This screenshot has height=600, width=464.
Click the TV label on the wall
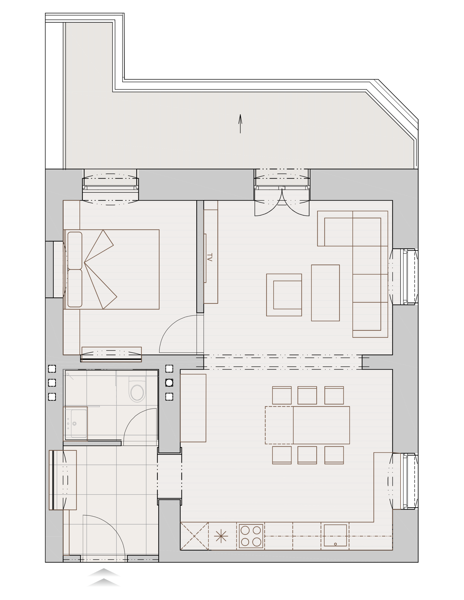(x=209, y=257)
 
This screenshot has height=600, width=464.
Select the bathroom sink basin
(x=79, y=423)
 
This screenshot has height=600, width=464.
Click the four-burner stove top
(x=251, y=536)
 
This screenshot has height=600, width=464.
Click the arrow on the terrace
(x=240, y=124)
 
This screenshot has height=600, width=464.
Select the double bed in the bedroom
(x=111, y=270)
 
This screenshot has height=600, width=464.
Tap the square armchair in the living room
(x=284, y=295)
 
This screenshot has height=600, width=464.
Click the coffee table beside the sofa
(x=325, y=293)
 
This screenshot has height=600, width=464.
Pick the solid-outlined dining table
(x=321, y=425)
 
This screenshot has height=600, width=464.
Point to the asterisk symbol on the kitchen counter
(x=221, y=536)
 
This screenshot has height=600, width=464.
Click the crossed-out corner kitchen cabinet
(x=194, y=536)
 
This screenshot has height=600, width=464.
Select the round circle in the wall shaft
(x=169, y=382)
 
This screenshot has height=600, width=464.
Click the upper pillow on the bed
(x=75, y=251)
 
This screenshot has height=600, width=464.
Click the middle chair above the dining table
(x=307, y=395)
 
